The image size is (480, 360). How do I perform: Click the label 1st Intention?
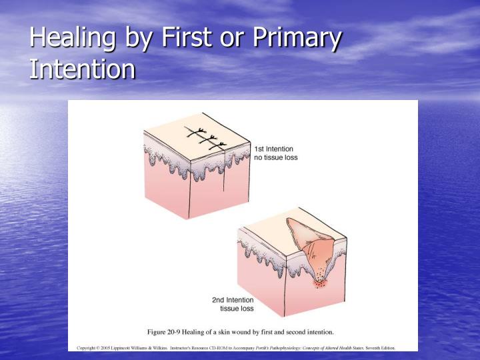pos(273,148)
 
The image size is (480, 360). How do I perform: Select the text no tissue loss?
pos(275,158)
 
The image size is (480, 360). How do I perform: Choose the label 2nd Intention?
pos(234,300)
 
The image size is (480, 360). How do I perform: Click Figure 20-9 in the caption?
pos(169,331)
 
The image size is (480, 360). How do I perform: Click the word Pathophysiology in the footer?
pos(297,347)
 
